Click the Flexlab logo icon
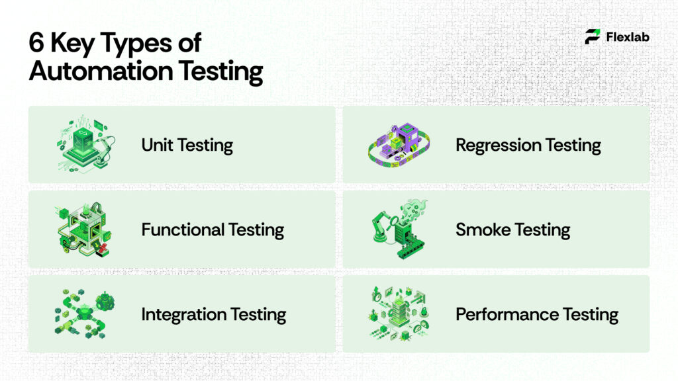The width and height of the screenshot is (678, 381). (593, 36)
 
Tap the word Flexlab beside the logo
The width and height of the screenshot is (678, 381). (628, 37)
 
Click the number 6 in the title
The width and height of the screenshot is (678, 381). (36, 44)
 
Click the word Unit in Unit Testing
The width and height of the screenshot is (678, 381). (156, 145)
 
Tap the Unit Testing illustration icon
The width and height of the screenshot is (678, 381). (83, 142)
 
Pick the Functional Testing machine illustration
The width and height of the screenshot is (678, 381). (83, 229)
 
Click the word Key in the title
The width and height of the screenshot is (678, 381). (73, 44)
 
